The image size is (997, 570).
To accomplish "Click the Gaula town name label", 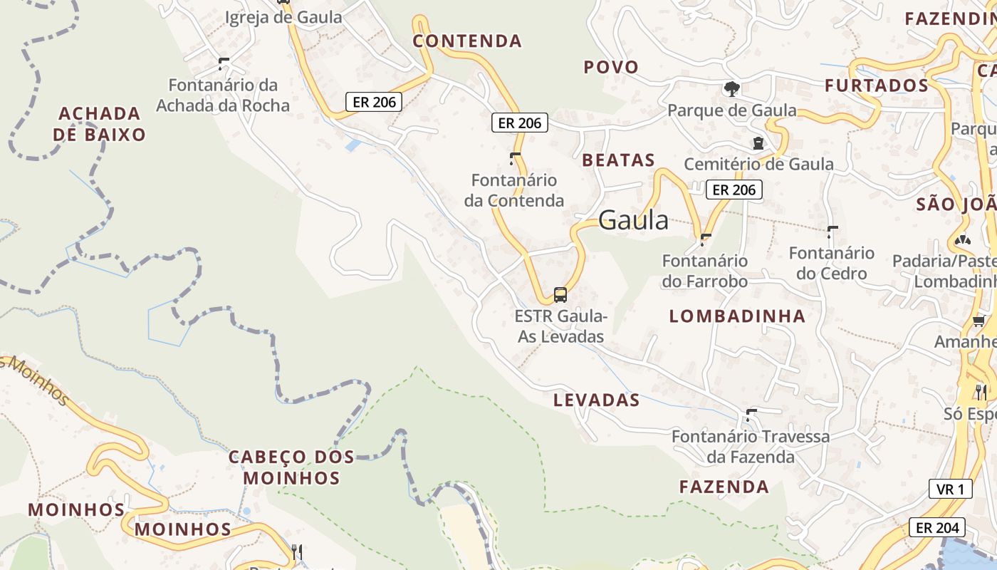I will click(x=633, y=221).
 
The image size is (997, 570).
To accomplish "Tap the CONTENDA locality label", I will click(x=467, y=41).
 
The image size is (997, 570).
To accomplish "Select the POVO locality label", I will click(x=611, y=67).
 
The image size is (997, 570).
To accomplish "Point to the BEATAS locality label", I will click(x=618, y=160).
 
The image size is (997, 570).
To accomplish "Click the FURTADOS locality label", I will click(x=877, y=86).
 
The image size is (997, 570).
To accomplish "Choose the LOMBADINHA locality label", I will click(x=737, y=316).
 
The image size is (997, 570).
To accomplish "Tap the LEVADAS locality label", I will click(x=597, y=400).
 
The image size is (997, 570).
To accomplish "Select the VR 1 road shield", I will click(x=951, y=489).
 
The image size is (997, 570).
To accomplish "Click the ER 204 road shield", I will click(x=937, y=528).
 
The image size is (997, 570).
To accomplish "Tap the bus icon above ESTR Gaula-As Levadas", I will click(x=560, y=294).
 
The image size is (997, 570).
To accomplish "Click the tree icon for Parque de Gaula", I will click(x=731, y=89).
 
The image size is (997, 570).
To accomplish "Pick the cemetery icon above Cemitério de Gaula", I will click(x=758, y=144).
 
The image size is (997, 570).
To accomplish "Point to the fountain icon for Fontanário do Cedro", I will click(x=832, y=232).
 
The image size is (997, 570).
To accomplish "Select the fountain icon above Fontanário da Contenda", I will click(x=514, y=158).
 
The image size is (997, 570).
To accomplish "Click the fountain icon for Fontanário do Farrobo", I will click(x=705, y=239).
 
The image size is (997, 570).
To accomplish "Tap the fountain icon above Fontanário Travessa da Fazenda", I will click(x=751, y=415).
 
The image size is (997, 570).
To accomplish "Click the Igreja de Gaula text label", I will click(x=283, y=18).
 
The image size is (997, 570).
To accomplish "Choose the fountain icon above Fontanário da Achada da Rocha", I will click(x=223, y=64).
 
